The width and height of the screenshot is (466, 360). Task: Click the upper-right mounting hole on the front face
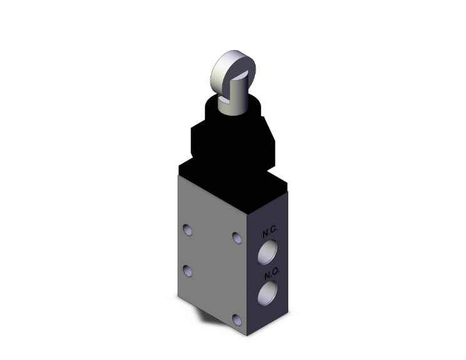point(236,238)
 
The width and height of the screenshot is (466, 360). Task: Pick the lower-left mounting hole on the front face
point(187,270)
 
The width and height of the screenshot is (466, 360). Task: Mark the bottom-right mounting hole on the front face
point(236,320)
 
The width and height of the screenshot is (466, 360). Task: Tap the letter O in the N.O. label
point(274,275)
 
